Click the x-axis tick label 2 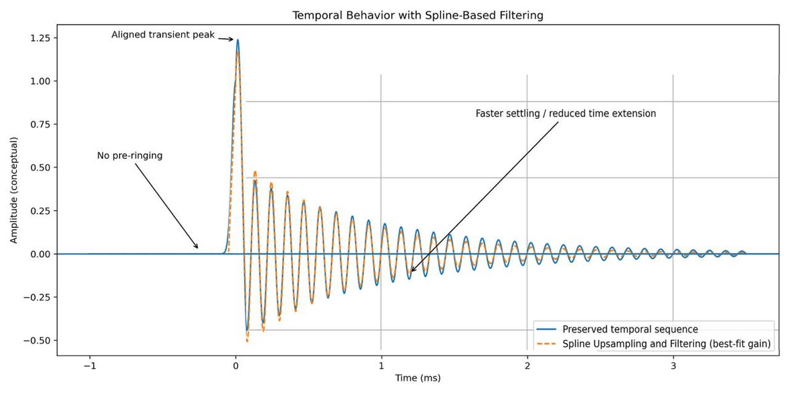click(x=527, y=367)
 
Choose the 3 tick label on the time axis click(x=673, y=367)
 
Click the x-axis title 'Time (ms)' click(x=417, y=379)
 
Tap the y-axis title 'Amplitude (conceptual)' click(x=14, y=190)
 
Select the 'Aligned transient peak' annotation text click(x=163, y=35)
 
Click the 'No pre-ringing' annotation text click(x=130, y=156)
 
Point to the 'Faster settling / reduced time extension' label click(x=566, y=114)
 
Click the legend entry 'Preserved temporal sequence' click(x=630, y=329)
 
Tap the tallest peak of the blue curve click(x=237, y=40)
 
